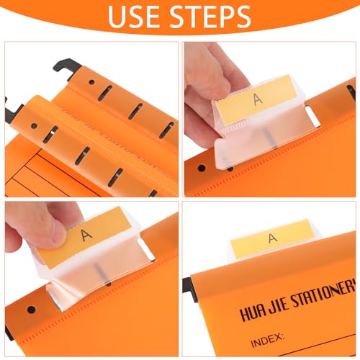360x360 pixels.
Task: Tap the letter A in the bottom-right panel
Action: coord(271,238)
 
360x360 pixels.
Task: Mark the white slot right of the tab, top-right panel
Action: coord(309,114)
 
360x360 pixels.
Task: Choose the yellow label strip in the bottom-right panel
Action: coord(271,238)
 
